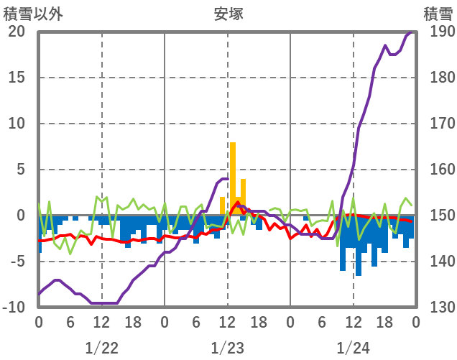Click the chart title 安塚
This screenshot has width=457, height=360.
coord(228,13)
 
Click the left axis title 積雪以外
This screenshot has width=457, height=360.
coord(28,13)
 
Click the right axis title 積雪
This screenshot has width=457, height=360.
coord(437,13)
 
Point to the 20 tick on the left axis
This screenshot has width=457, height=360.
coord(17,32)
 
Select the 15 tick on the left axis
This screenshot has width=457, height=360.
coord(17,78)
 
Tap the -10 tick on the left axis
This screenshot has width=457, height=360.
coord(14,308)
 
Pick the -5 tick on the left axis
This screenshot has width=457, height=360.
coord(17,262)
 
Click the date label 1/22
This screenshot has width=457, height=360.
coord(101,348)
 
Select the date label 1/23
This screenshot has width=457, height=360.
coord(227,348)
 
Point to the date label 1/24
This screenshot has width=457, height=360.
coord(353,348)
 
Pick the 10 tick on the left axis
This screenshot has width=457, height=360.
coord(17,124)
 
